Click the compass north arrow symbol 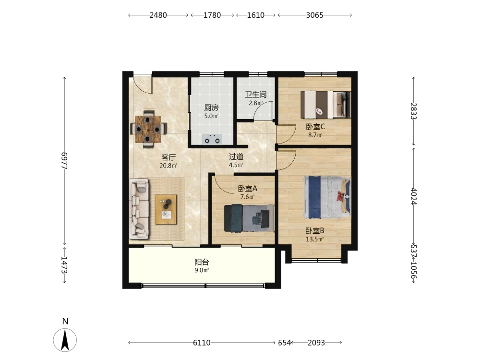pyautogui.click(x=65, y=340)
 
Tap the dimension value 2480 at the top pyautogui.click(x=158, y=15)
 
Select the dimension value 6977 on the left pyautogui.click(x=64, y=161)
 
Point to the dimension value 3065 pyautogui.click(x=315, y=15)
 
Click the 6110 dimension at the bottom pyautogui.click(x=202, y=343)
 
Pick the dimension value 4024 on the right pyautogui.click(x=414, y=196)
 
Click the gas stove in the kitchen pyautogui.click(x=212, y=140)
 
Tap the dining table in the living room pyautogui.click(x=148, y=129)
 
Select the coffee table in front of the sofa pyautogui.click(x=166, y=209)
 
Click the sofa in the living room pyautogui.click(x=139, y=209)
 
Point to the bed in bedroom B pyautogui.click(x=327, y=197)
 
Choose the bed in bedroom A pyautogui.click(x=249, y=218)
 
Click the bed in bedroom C pyautogui.click(x=326, y=105)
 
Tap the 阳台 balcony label pyautogui.click(x=202, y=262)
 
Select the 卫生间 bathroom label pyautogui.click(x=256, y=95)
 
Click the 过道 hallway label pyautogui.click(x=236, y=157)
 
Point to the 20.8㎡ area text pyautogui.click(x=168, y=166)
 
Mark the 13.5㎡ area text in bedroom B pyautogui.click(x=315, y=239)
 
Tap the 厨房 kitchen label pyautogui.click(x=211, y=108)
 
